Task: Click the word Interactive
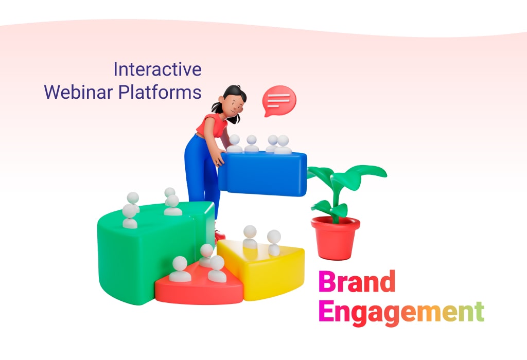(157, 69)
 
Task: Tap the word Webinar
(78, 92)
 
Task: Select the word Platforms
(160, 92)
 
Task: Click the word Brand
(357, 281)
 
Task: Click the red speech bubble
(279, 101)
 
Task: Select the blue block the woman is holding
(263, 173)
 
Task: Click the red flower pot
(335, 238)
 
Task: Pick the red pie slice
(199, 285)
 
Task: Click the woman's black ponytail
(217, 107)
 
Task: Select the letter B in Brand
(326, 281)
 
